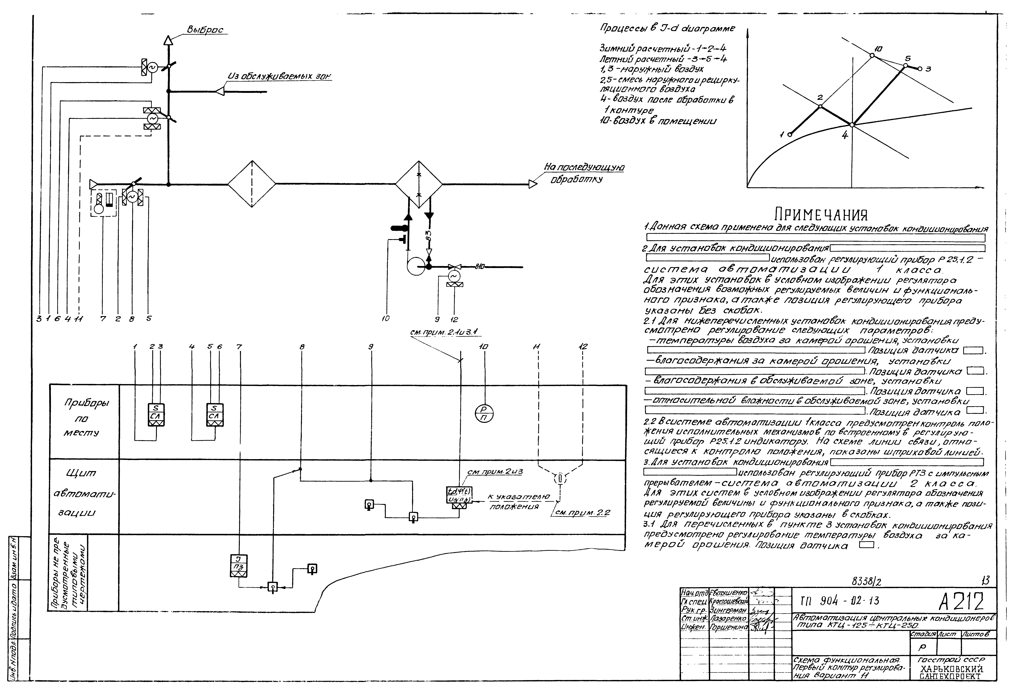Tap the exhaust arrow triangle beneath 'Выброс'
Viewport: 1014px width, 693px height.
[168, 40]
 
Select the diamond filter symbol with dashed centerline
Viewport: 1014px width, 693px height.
[252, 184]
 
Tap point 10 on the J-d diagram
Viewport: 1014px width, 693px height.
[872, 55]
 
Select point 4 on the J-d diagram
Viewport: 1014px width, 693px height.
[852, 125]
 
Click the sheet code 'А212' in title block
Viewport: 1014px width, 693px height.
[961, 602]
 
